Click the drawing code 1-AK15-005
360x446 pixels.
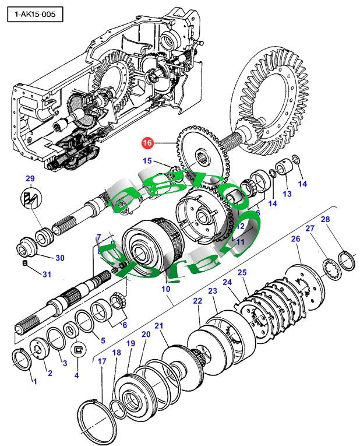[x=34, y=14]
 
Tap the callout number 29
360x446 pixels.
[x=30, y=178]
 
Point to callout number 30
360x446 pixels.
[x=59, y=258]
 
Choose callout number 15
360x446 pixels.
[x=147, y=161]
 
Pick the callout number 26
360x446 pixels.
[x=295, y=239]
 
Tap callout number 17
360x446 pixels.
[x=102, y=361]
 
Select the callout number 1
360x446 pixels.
[x=34, y=381]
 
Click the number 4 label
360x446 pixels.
[x=76, y=375]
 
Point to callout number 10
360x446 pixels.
[x=165, y=289]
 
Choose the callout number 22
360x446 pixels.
[x=197, y=301]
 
